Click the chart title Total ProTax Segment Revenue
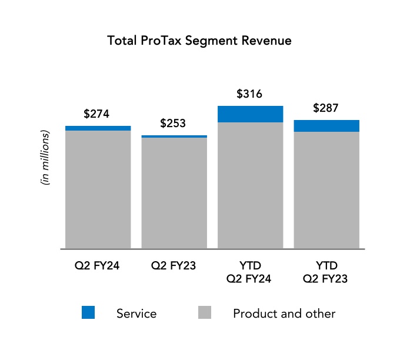coord(199,41)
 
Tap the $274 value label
coord(96,114)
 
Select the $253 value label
coord(173,124)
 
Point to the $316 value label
coord(249,94)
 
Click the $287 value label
coord(326,108)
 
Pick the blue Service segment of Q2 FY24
coord(98,128)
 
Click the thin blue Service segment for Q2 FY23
coord(174,136)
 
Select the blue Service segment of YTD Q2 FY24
coord(250,114)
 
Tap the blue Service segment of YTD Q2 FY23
coord(326,126)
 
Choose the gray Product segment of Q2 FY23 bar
coord(174,193)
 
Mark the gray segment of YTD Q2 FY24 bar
coord(250,185)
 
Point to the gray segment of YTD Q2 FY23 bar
coord(326,190)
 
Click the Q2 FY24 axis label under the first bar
coord(98,265)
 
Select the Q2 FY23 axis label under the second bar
coord(174,265)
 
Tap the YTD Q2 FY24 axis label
coord(249,272)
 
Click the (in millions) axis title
coord(45,158)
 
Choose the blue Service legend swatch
coord(88,313)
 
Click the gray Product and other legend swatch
coord(204,313)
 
